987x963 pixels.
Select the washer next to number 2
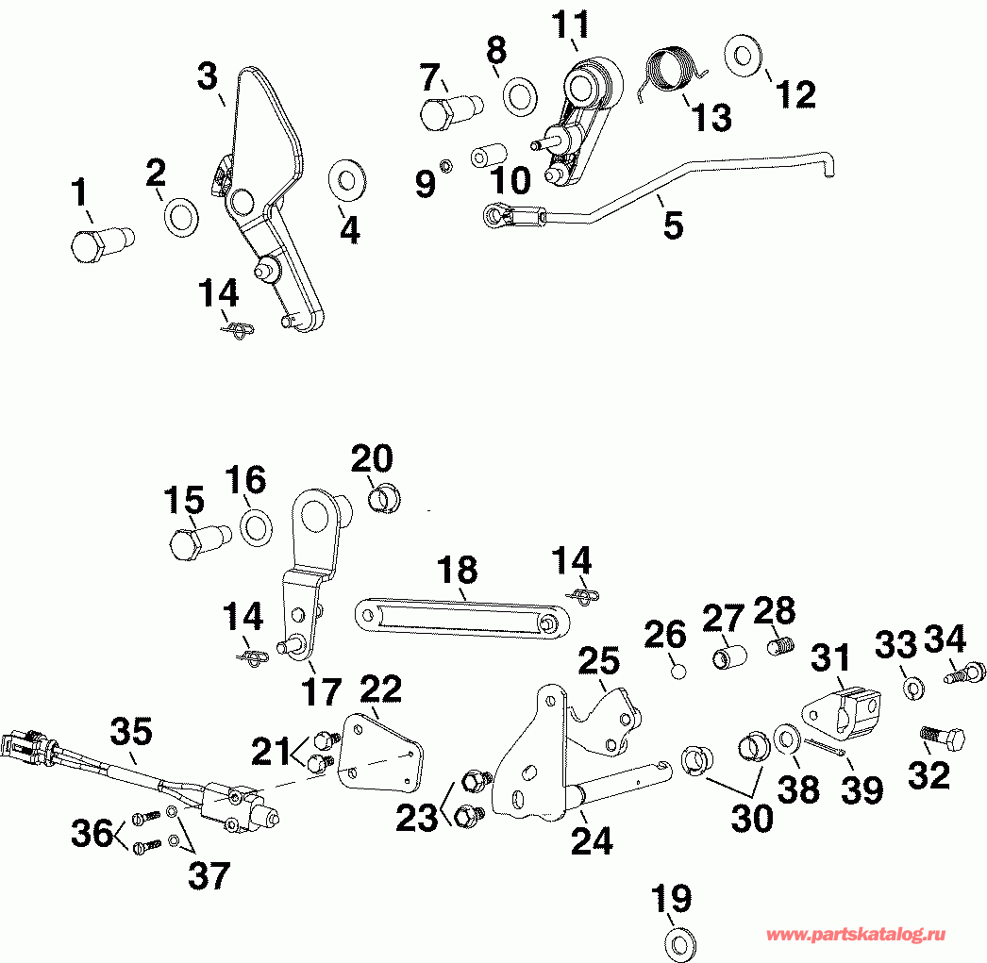180,216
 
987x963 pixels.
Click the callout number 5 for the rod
672,225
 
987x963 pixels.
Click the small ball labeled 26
677,672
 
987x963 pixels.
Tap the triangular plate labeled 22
380,751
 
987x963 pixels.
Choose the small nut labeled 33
912,688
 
